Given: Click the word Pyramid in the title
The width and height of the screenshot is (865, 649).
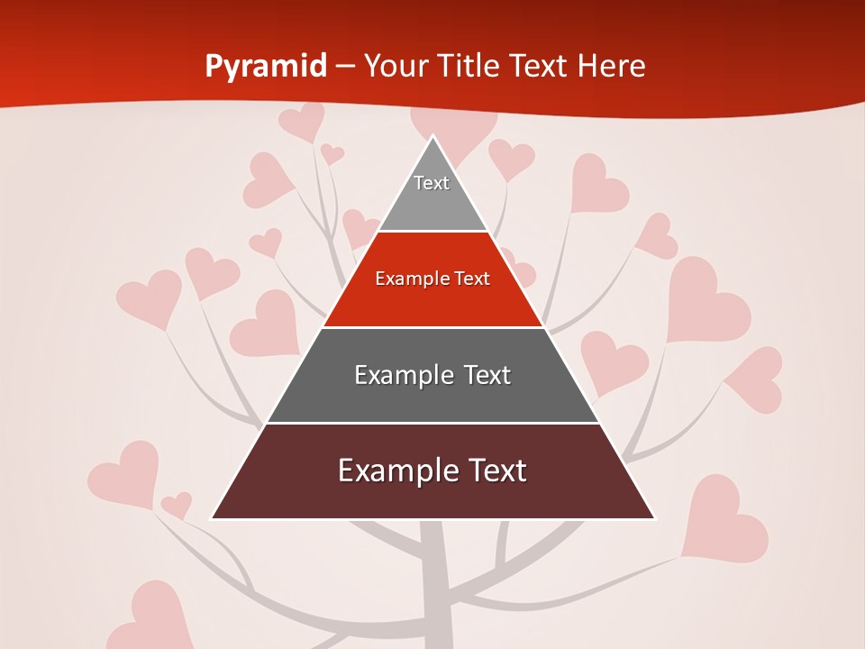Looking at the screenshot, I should point(265,67).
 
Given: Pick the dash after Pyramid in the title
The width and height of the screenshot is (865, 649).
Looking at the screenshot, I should point(344,67).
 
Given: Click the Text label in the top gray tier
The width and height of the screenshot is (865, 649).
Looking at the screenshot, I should point(432,184).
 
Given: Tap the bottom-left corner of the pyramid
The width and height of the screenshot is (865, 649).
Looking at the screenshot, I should point(213,518).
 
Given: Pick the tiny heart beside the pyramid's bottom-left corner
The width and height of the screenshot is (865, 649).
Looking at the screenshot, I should point(177,505).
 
